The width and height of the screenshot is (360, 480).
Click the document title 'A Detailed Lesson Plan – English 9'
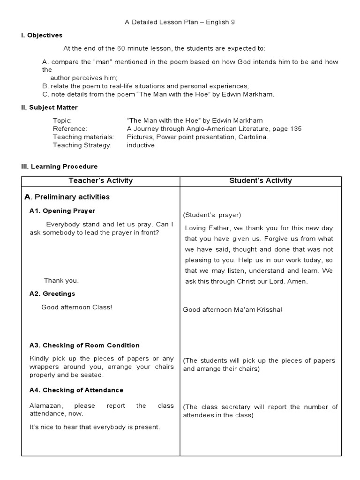(180, 22)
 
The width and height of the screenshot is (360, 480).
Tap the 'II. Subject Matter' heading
(49, 107)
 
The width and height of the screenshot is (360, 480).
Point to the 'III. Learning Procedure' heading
(59, 166)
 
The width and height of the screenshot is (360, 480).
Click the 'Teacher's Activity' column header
(101, 180)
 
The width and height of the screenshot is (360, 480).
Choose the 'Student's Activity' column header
(261, 180)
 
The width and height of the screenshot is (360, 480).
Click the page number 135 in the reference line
(296, 128)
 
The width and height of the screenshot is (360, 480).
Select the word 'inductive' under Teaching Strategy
(141, 145)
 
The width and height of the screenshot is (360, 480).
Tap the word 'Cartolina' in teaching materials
(252, 137)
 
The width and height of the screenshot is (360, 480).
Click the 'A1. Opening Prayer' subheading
(62, 211)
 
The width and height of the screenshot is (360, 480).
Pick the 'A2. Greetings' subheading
(52, 293)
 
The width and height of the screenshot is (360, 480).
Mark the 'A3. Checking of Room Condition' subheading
(84, 345)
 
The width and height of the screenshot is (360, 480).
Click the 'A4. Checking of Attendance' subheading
(76, 390)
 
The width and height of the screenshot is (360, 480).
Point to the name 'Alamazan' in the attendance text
(43, 405)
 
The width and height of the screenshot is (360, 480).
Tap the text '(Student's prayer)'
(212, 215)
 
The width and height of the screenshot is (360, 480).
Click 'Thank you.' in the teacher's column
(61, 280)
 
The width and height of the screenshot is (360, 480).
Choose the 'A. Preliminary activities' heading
(67, 197)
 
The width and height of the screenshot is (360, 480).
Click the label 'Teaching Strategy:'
(82, 145)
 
